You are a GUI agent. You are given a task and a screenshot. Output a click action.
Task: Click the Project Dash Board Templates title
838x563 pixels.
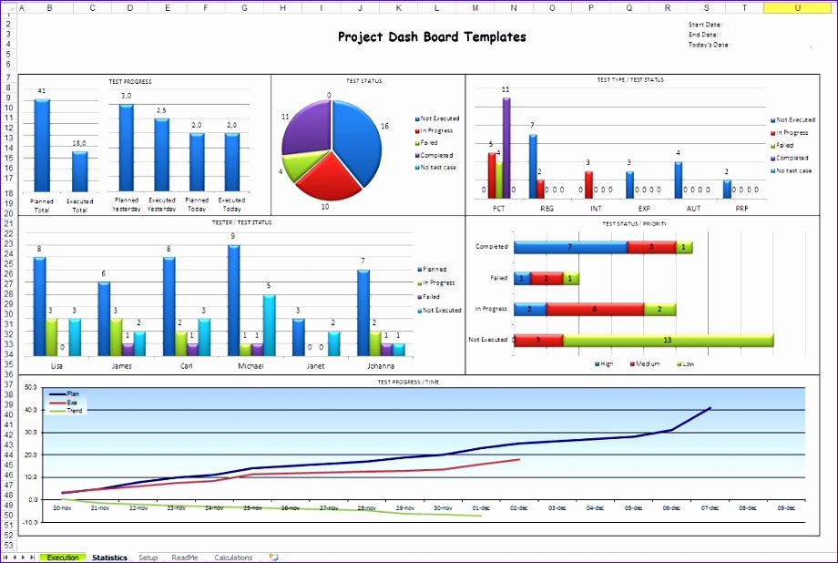point(431,37)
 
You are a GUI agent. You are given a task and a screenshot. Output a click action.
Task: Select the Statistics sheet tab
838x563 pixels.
point(109,558)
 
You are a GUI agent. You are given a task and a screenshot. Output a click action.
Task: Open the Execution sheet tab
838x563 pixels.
point(63,558)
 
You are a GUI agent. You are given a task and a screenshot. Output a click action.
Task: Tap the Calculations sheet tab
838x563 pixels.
point(233,558)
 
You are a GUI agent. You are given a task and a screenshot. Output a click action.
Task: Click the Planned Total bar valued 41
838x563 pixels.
point(42,146)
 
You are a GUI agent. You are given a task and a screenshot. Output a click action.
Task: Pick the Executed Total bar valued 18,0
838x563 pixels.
point(80,172)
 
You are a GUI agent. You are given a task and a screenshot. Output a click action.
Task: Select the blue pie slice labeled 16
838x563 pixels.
point(361,137)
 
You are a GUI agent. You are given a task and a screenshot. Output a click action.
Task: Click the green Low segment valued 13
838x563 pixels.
point(668,340)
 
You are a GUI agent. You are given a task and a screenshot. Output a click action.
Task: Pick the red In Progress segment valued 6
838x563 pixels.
point(595,309)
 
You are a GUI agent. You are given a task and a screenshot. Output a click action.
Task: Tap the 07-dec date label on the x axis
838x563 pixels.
point(710,508)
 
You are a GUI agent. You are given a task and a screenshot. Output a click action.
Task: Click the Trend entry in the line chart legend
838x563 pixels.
point(75,411)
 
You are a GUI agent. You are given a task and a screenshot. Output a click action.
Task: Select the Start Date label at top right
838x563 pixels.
point(705,25)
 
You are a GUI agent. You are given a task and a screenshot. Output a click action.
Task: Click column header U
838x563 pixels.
point(797,7)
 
